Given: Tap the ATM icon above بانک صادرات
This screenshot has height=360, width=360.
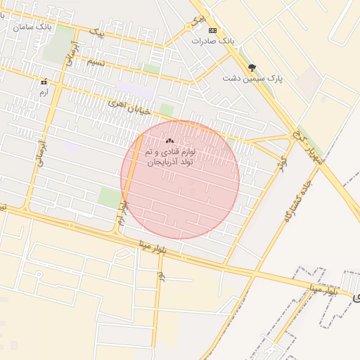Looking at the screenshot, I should click(213, 30).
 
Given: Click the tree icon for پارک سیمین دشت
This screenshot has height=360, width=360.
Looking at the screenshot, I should click(252, 68).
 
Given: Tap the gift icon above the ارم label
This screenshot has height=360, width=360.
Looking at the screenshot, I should click(44, 82).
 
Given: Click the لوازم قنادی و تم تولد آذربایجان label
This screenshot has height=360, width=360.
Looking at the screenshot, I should click(169, 156).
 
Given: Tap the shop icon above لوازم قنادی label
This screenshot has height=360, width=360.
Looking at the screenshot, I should click(169, 140).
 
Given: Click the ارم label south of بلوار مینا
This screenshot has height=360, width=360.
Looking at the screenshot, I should click(161, 277).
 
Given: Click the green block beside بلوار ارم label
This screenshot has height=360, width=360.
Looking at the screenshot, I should click(109, 198).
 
